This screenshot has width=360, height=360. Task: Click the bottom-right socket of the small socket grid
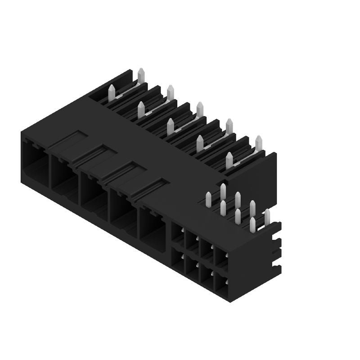tap(221, 283)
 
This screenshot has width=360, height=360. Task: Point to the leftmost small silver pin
tap(208, 200)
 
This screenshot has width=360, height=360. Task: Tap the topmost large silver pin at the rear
tap(141, 76)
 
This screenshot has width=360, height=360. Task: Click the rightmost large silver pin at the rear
tap(258, 143)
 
